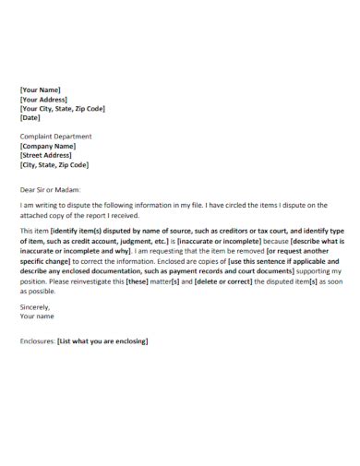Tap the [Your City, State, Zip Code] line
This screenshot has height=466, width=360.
(x=62, y=108)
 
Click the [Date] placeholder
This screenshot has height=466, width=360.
(x=30, y=117)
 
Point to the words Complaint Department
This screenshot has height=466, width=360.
(x=55, y=137)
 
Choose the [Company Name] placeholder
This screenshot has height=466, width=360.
(x=48, y=146)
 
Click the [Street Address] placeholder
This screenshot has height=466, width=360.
(x=48, y=155)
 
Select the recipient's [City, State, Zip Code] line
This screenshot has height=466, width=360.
(x=54, y=165)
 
